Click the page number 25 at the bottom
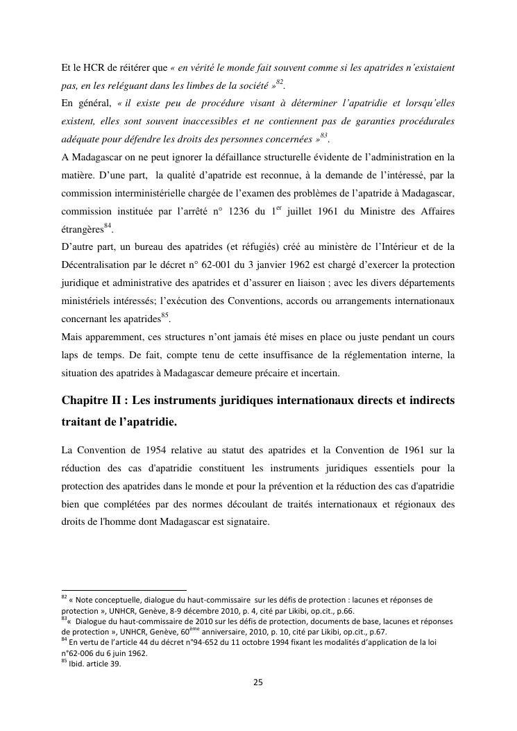(258, 682)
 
